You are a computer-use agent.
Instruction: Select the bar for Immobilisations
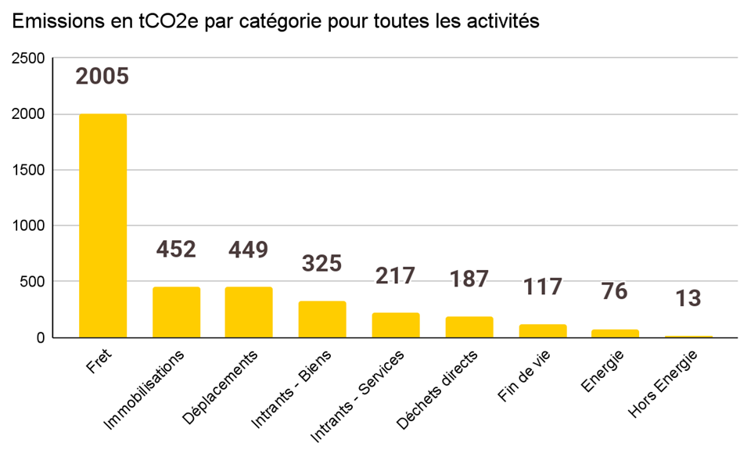[176, 312]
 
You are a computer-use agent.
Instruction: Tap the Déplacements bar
[249, 312]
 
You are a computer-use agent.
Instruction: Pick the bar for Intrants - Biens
[322, 319]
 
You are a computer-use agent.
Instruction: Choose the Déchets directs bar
[469, 327]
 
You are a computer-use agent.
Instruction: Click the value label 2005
[102, 77]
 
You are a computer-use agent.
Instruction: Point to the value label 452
[176, 250]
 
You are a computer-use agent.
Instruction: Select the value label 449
[249, 250]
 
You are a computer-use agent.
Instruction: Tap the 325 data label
[322, 264]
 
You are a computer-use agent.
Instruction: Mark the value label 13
[689, 298]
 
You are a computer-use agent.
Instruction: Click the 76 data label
[615, 291]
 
